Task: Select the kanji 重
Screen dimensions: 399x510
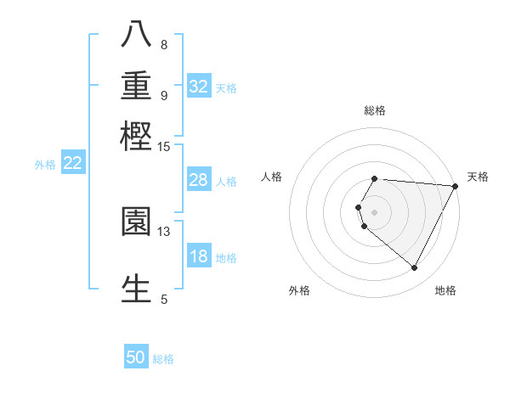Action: click(136, 86)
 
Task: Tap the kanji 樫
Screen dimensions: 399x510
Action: click(136, 136)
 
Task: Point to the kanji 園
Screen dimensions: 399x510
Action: click(136, 222)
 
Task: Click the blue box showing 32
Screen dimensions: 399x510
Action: click(199, 87)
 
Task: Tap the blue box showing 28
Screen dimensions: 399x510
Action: click(199, 180)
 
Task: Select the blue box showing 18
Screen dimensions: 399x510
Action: click(199, 257)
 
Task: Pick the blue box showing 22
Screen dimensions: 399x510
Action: click(72, 163)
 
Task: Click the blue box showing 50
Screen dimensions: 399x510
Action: click(136, 357)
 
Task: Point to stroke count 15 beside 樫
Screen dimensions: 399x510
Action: click(164, 147)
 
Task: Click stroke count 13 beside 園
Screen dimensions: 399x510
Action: click(164, 231)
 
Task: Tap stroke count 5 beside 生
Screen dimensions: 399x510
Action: click(164, 299)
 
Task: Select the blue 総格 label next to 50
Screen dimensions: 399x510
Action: click(163, 359)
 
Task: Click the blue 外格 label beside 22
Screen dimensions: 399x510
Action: click(45, 165)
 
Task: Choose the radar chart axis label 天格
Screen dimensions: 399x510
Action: click(478, 177)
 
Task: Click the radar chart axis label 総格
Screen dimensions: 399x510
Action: click(374, 110)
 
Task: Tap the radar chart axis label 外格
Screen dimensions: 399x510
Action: click(299, 290)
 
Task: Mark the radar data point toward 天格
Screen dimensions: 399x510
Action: click(455, 186)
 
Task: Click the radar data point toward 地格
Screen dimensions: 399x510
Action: click(415, 268)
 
